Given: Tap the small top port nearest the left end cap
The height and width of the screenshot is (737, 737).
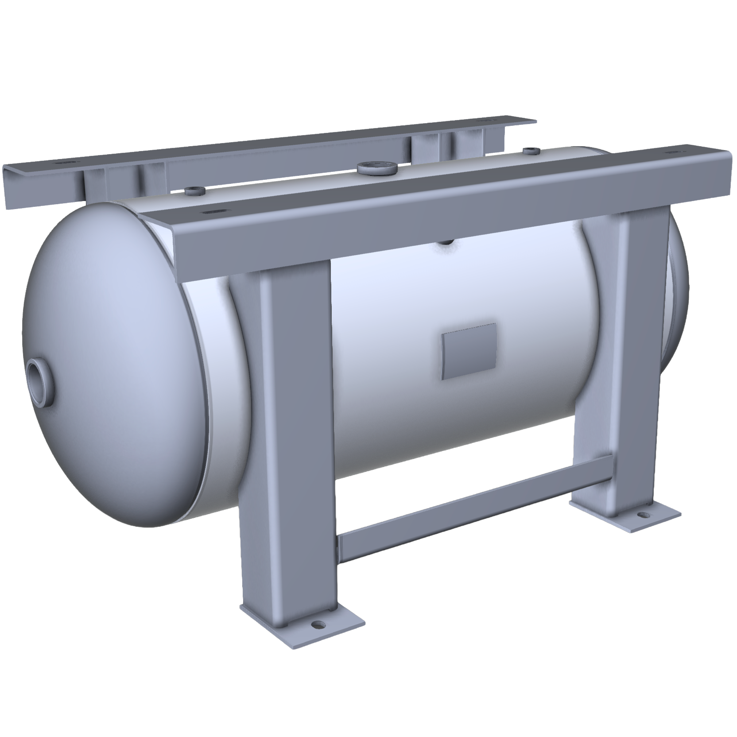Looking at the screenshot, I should click(x=194, y=191).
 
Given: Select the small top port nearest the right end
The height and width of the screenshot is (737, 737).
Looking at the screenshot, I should click(x=528, y=151).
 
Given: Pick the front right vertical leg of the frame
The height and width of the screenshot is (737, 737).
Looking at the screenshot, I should click(x=638, y=354).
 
